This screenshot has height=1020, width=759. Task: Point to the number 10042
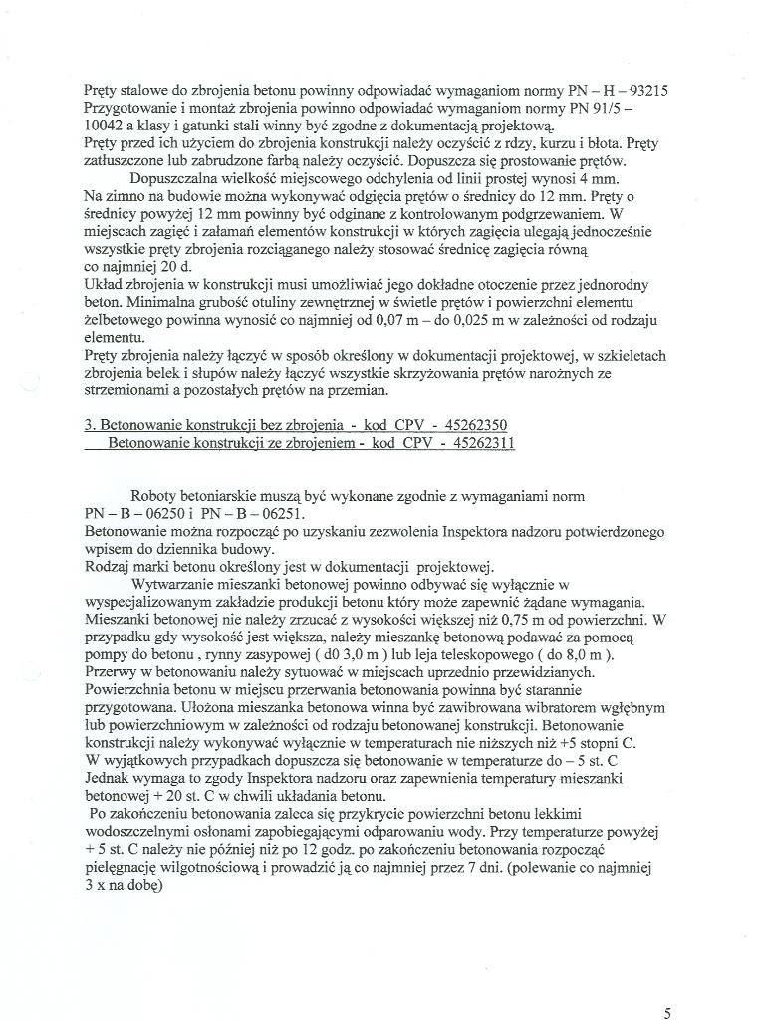pyautogui.click(x=105, y=127)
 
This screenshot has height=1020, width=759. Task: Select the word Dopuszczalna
pyautogui.click(x=176, y=179)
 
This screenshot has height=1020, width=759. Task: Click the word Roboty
pyautogui.click(x=155, y=496)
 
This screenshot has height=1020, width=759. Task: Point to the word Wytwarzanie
pyautogui.click(x=175, y=583)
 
